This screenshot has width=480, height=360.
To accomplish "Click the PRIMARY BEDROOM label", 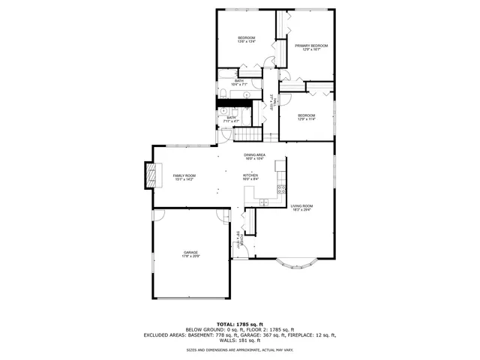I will point(311,46).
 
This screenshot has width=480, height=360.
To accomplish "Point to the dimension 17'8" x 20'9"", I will point(190,256).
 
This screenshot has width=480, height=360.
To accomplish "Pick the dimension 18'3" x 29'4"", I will point(301,210).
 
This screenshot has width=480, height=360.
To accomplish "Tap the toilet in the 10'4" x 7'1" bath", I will point(223,94).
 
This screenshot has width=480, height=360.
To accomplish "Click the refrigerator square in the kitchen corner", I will point(280,164).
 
